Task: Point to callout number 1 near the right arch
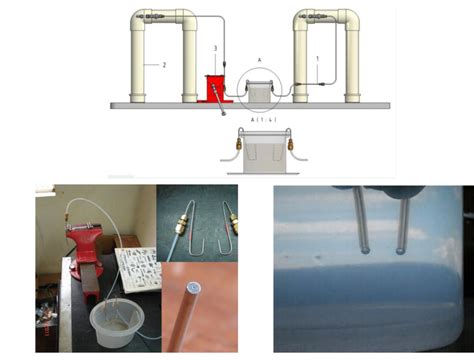click(x=318, y=58)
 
